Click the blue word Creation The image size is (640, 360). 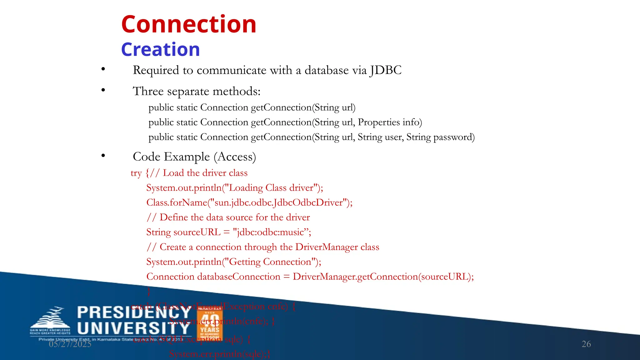click(160, 50)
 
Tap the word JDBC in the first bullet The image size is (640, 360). click(386, 70)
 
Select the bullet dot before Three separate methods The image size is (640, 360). click(103, 90)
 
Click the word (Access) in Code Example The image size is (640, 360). click(235, 157)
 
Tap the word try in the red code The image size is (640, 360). click(136, 173)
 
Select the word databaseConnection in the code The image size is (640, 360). click(239, 277)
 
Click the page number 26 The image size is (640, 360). click(586, 344)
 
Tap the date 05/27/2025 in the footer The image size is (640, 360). click(70, 344)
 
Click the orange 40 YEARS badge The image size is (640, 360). click(210, 325)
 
